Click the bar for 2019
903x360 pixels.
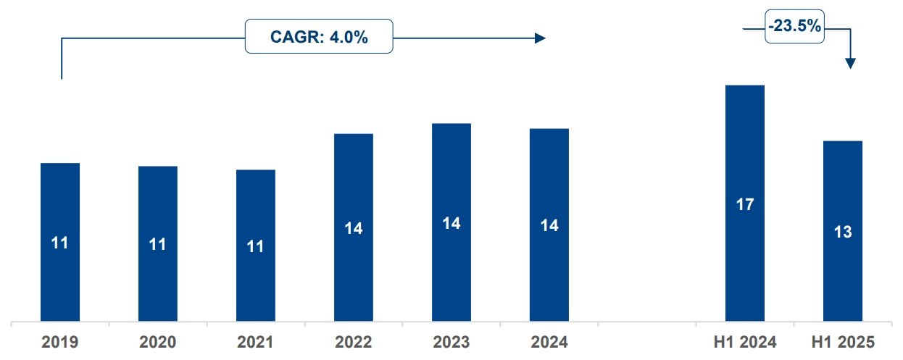pos(60,242)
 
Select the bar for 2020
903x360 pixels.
pos(158,243)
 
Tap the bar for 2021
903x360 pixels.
pos(256,246)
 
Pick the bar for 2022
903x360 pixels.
pos(354,227)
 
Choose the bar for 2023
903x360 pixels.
pos(451,222)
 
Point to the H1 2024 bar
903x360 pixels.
pos(745,204)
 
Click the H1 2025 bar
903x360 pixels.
pos(843,231)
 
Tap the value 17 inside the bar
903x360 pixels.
pos(745,204)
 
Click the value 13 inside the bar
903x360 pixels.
pos(843,232)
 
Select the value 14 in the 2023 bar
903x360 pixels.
pos(451,223)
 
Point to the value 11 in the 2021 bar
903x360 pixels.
pos(256,246)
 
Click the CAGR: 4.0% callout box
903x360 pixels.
pos(319,36)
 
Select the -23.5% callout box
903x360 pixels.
pos(794,26)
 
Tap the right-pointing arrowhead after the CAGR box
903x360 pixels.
pos(540,38)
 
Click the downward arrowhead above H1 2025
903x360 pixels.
pos(850,64)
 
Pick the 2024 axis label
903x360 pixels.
pos(549,343)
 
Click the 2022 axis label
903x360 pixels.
pos(354,343)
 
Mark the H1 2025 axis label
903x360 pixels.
pos(843,343)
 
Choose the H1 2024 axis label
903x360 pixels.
pos(745,343)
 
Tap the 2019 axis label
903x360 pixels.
pos(60,343)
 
